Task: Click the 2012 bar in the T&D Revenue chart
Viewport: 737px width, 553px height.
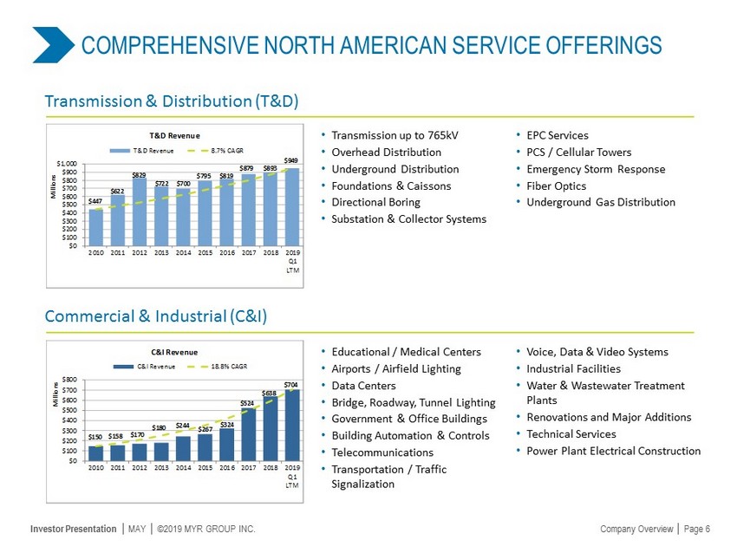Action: (140, 213)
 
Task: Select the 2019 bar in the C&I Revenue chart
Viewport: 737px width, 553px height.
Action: (292, 426)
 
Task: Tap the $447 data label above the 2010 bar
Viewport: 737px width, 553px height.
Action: (95, 201)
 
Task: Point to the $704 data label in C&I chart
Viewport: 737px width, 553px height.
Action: (292, 383)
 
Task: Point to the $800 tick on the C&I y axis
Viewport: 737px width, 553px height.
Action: (71, 380)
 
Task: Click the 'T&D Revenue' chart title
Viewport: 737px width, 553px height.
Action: (175, 135)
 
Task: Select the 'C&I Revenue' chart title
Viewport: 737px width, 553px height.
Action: (174, 353)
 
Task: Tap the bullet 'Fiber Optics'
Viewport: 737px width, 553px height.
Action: (556, 185)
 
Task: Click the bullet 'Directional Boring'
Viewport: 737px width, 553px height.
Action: (375, 202)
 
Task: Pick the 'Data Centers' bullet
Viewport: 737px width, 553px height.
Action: (363, 386)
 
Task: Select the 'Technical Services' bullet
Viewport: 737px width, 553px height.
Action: (571, 434)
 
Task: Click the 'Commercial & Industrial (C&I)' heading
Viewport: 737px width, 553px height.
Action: (156, 317)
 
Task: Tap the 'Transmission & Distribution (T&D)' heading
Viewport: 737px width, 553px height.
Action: (172, 101)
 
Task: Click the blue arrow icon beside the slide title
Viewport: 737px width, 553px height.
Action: (53, 45)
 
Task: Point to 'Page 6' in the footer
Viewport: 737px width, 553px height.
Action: (697, 530)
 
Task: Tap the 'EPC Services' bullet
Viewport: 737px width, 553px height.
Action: (557, 135)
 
